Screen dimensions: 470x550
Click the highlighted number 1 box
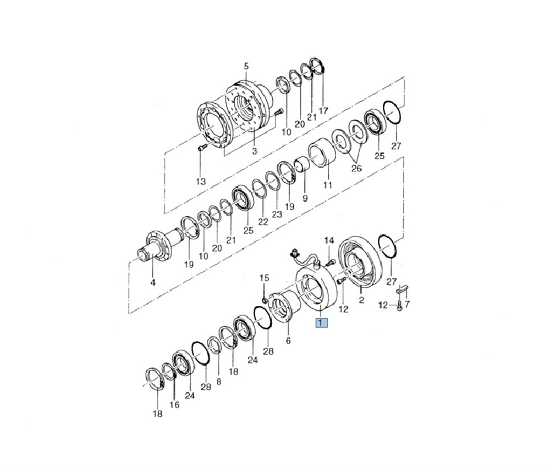(321, 323)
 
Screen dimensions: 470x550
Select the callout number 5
(246, 67)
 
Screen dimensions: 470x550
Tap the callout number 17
(323, 110)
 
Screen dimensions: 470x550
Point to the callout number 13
(201, 181)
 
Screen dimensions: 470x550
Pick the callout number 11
(327, 185)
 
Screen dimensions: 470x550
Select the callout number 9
(305, 197)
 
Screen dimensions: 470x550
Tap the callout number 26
(356, 169)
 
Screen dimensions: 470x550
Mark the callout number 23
(277, 214)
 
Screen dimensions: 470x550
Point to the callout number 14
(329, 240)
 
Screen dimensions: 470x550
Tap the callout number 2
(361, 300)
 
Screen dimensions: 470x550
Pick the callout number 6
(288, 340)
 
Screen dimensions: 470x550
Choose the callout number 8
(219, 381)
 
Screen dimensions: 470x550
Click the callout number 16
(174, 405)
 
